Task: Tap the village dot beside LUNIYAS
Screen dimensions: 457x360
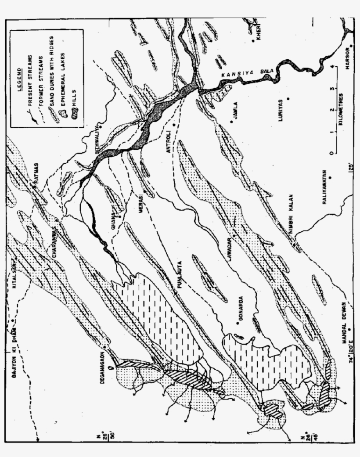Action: [288, 98]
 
